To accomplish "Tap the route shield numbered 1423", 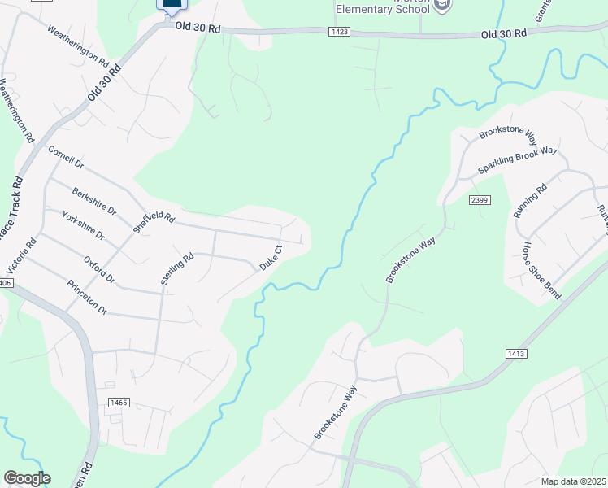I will [x=340, y=32].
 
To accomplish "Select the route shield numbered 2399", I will [x=478, y=198].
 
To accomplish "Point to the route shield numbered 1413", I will [x=515, y=354].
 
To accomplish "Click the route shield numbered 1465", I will [x=118, y=403].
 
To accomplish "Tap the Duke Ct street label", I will [x=270, y=258].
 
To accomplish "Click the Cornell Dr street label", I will [x=66, y=157].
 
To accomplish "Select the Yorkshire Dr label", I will [x=83, y=225].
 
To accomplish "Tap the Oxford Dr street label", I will [x=100, y=270].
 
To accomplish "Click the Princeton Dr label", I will [x=87, y=297].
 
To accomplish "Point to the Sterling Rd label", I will [x=176, y=269].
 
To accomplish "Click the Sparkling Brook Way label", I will [x=517, y=159].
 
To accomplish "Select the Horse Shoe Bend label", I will [x=541, y=270].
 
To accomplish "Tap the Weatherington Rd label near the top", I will [x=78, y=46].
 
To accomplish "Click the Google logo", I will [x=26, y=478].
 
